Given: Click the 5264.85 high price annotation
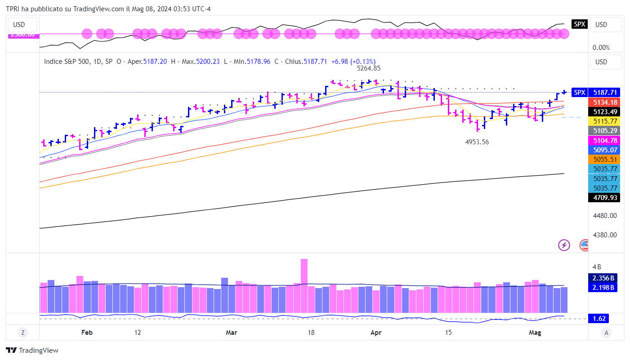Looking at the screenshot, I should point(369,69).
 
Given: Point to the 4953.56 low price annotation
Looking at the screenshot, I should point(477,142).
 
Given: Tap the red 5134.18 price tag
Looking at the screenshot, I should point(603,102).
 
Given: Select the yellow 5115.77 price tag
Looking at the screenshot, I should point(603,121).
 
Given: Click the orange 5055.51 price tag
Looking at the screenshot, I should point(603,159).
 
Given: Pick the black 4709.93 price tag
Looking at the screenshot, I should point(603,197).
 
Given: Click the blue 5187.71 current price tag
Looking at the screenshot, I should point(603,92).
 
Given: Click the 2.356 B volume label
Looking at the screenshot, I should point(603,278).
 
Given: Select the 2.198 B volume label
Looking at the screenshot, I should point(603,288).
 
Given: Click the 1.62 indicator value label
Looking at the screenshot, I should point(600,319).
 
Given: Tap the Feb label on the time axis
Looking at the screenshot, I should point(87,333).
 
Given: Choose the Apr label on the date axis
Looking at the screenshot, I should point(375,333).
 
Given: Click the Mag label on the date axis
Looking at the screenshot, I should point(535,333).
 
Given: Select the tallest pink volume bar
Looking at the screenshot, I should point(304,285).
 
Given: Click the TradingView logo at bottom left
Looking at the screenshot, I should point(32,351).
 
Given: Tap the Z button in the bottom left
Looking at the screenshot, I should point(22,333).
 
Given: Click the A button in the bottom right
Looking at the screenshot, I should point(607,333).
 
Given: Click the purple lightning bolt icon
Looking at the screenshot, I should point(564,245).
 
